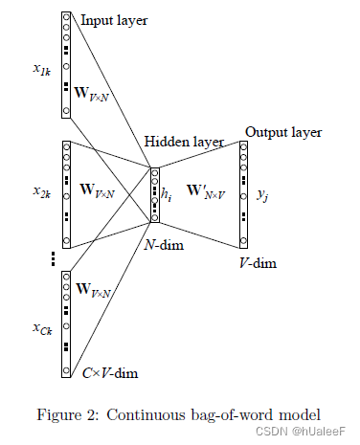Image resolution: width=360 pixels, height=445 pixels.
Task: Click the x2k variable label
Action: coord(42,191)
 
